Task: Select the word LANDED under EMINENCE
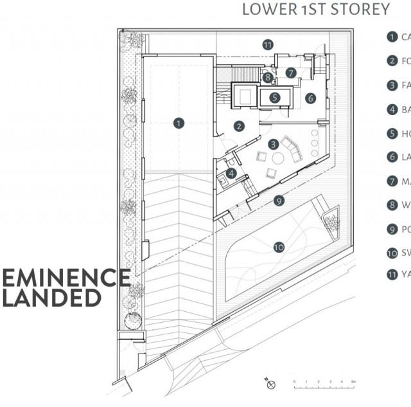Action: tap(51, 298)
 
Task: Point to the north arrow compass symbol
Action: tap(270, 384)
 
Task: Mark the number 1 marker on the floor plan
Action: tap(179, 122)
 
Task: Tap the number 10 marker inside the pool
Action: tap(279, 246)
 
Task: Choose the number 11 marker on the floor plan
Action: tap(268, 44)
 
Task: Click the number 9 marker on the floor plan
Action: tap(278, 201)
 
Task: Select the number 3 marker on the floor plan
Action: tap(273, 144)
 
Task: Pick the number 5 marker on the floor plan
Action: tap(275, 98)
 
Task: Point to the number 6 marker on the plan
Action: tap(310, 98)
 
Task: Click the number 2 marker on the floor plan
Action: tap(238, 126)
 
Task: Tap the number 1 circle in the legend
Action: tap(392, 37)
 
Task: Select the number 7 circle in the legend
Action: tap(392, 181)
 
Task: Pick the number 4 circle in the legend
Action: tap(392, 109)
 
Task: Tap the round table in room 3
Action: tap(278, 158)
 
